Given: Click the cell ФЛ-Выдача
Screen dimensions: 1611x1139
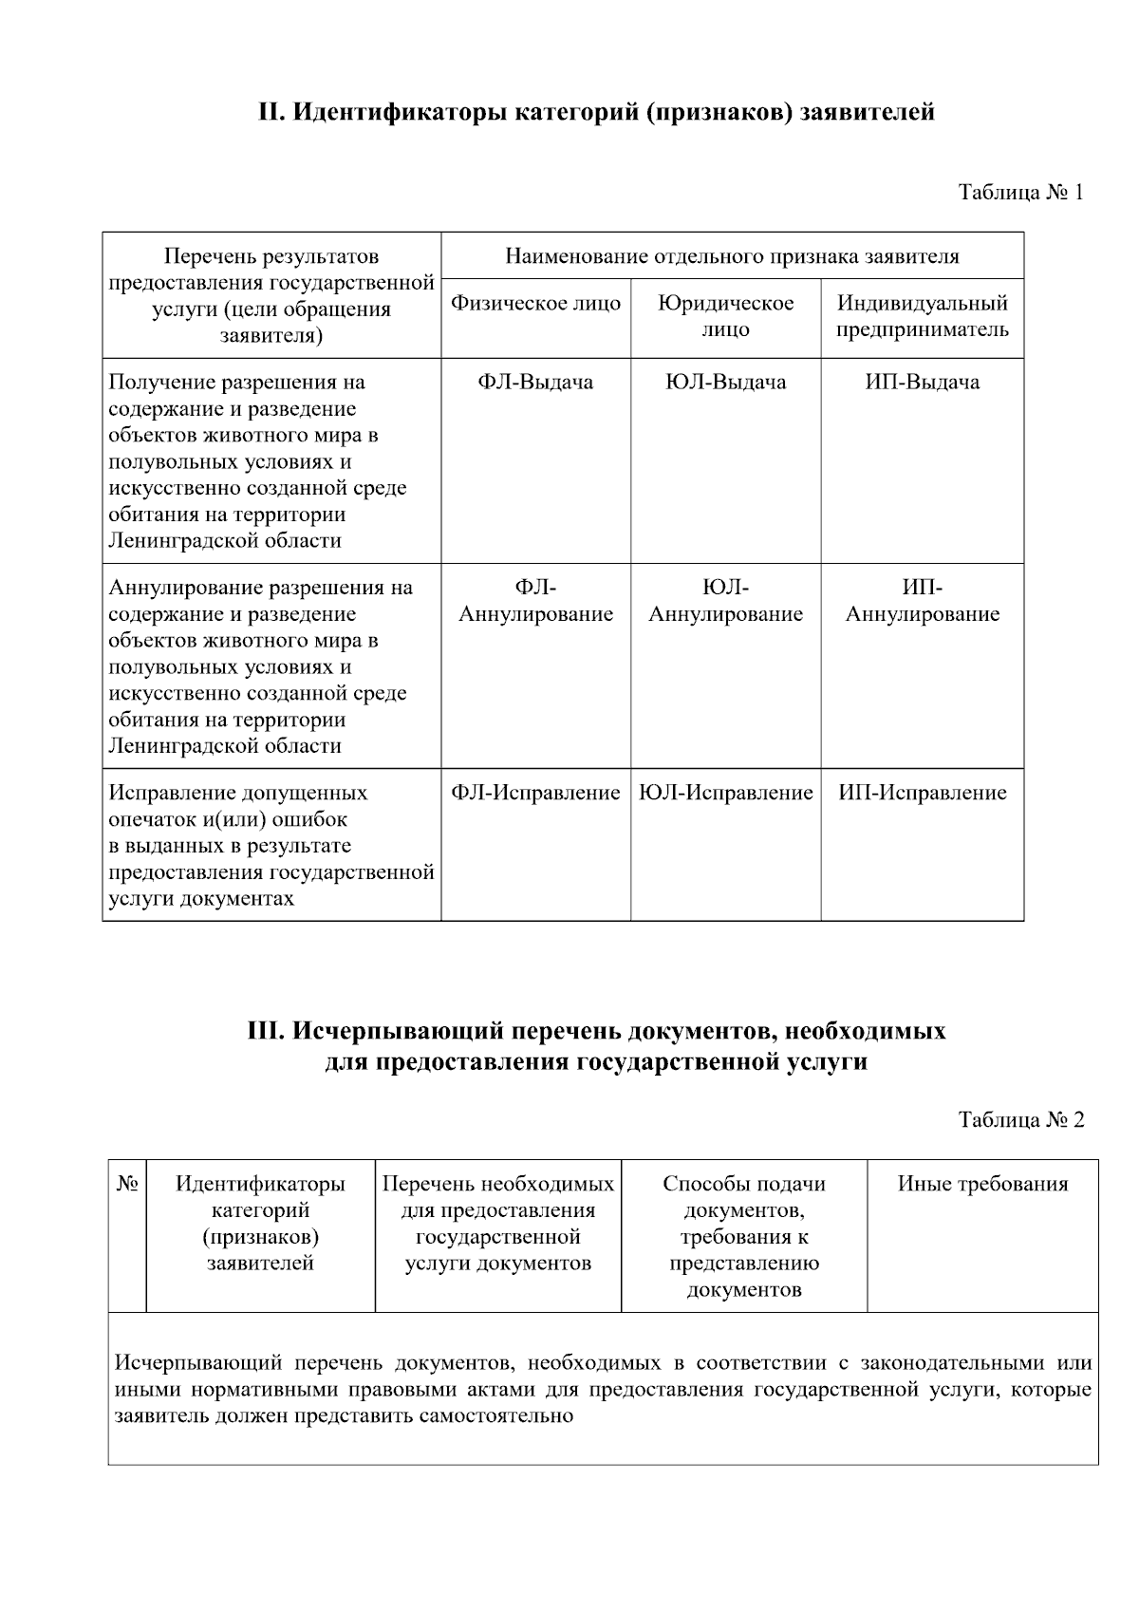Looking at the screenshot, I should tap(535, 383).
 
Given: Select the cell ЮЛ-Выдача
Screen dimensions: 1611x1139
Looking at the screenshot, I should tap(725, 383).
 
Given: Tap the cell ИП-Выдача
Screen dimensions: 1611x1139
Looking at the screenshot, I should tap(922, 383).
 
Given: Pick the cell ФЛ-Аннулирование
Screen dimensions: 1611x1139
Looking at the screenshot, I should tap(535, 601).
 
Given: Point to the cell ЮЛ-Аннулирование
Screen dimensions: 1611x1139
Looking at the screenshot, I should tap(725, 601).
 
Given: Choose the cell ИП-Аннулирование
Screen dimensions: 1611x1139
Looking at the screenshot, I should tap(922, 601).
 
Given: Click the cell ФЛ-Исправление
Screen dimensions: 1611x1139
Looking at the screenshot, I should tap(535, 793).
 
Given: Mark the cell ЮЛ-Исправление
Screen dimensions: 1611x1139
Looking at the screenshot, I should tap(725, 793).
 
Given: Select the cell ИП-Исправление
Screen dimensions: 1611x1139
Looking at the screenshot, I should tap(922, 793).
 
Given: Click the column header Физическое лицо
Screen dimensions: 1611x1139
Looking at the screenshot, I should tap(535, 304).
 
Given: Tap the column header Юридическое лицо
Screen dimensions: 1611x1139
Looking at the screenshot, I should tap(725, 316).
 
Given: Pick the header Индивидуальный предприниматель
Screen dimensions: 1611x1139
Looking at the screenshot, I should tap(922, 316).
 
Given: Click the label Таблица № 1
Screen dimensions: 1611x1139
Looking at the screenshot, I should tap(1020, 193).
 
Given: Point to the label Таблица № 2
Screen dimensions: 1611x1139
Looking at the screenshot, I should tap(1020, 1119).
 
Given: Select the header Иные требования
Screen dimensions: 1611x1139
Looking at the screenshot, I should tap(982, 1184).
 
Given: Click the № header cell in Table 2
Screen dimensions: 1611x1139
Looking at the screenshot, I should tap(127, 1184).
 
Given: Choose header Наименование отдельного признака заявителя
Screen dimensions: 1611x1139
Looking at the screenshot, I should tap(732, 256).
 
